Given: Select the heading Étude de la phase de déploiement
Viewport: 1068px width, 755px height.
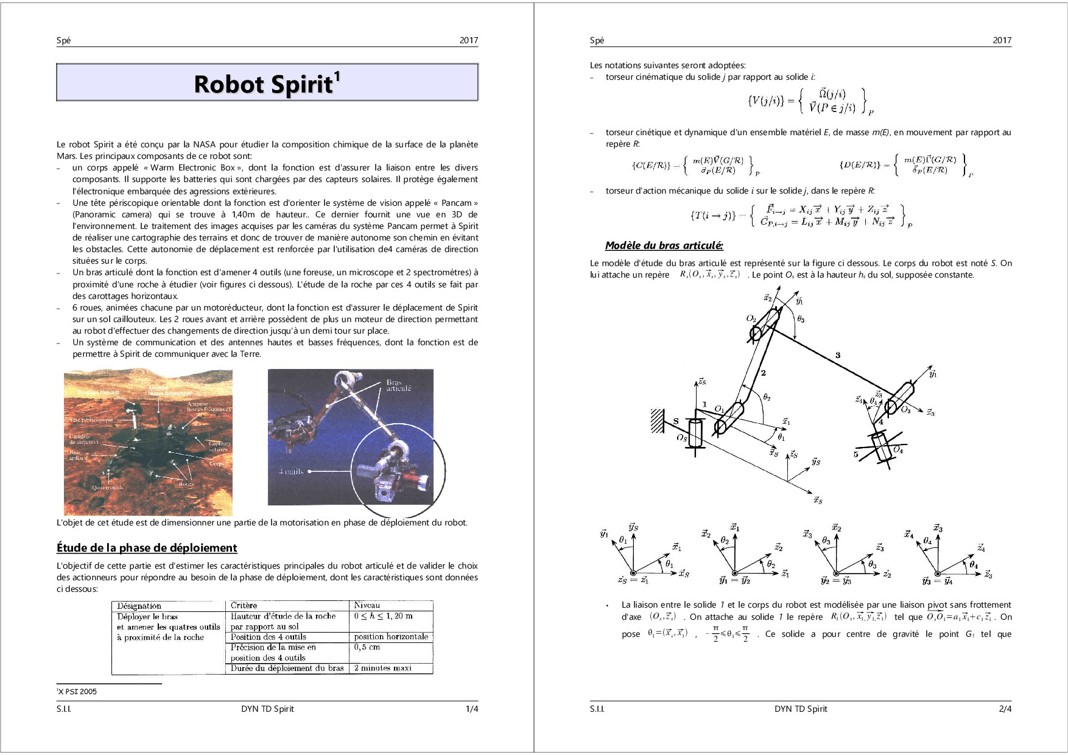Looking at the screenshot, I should [147, 547].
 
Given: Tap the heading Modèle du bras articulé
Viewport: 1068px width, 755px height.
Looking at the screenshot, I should [664, 245].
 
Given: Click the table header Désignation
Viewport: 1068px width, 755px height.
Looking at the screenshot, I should [139, 606].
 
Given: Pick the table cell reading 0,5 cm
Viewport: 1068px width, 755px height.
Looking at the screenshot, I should [367, 647].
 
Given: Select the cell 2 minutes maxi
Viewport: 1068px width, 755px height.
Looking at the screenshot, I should [383, 668].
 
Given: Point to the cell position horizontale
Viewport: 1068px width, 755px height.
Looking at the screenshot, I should [391, 637].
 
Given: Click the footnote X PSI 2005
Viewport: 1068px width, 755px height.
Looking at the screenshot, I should [77, 691].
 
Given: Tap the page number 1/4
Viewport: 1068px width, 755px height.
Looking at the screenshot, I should [471, 709].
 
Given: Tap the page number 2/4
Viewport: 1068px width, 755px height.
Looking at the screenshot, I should [1005, 709].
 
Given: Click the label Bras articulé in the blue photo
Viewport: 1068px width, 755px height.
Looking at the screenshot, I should [398, 385].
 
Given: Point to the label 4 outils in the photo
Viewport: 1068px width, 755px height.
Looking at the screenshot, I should [290, 471].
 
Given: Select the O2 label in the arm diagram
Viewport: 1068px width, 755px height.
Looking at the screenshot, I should [751, 318].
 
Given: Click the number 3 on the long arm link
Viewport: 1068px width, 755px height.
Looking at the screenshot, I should [838, 355].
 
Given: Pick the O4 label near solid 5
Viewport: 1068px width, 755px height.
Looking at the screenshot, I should [898, 450].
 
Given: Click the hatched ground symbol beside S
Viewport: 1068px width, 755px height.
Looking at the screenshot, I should [658, 421].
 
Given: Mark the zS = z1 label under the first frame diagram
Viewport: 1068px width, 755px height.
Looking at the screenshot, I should [633, 580].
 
